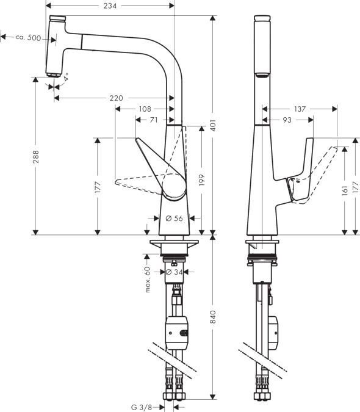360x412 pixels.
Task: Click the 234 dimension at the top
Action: tap(110, 5)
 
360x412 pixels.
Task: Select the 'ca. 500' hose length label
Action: tap(28, 38)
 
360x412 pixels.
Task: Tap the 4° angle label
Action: tap(65, 78)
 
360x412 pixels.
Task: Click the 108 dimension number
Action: tap(145, 109)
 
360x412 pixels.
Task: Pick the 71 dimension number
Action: tap(154, 120)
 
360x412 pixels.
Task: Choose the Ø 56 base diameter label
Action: tap(175, 218)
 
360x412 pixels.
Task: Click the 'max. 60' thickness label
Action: tap(148, 278)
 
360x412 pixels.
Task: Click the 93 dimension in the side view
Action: tap(286, 120)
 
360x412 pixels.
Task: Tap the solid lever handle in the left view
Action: tap(162, 174)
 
